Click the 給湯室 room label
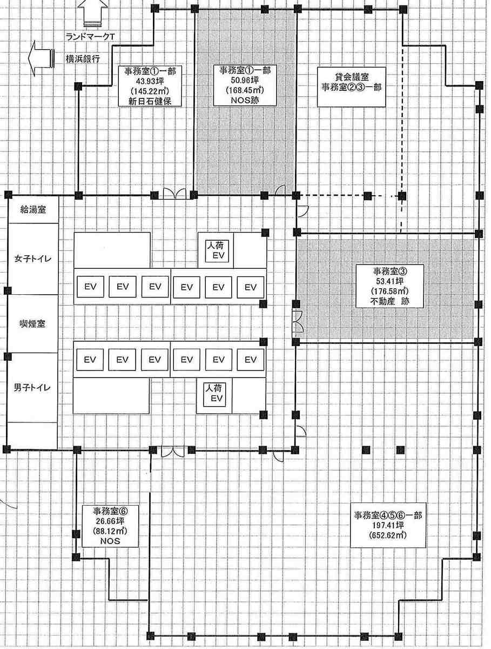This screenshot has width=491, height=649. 33,210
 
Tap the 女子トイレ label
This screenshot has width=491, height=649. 33,259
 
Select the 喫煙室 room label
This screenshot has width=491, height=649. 32,323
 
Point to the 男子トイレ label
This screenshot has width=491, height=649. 32,387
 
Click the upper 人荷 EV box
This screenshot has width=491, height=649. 217,251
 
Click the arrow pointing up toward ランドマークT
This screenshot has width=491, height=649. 92,14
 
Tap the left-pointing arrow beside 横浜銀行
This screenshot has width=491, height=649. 41,58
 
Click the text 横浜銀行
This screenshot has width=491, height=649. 83,59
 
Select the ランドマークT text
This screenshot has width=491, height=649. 90,37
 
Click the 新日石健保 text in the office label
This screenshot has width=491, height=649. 150,102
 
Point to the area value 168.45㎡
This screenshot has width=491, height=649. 245,90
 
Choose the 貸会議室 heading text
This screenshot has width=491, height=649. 352,77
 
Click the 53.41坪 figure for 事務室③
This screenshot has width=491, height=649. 389,281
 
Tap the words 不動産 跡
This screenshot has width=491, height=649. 389,301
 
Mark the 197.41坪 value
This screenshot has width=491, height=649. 388,525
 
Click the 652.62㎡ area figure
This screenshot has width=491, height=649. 388,535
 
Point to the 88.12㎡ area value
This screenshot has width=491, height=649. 110,531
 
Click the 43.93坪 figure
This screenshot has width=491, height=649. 150,81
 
